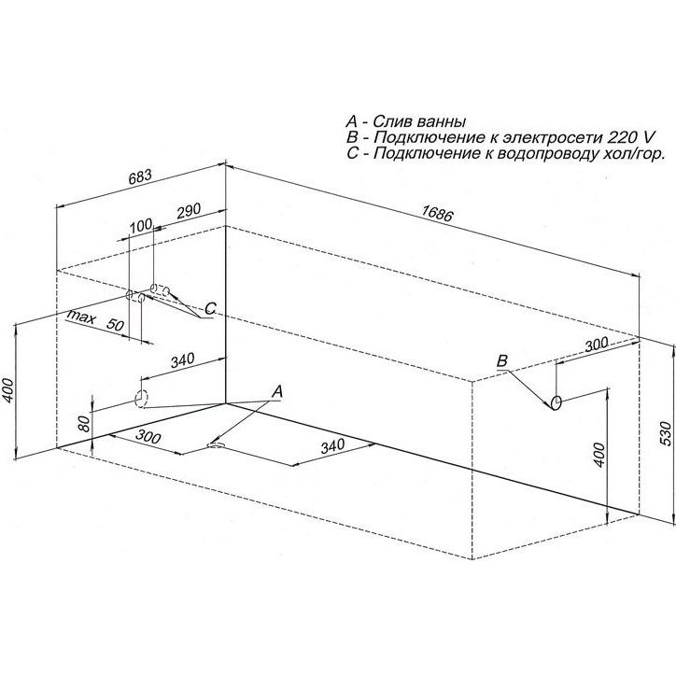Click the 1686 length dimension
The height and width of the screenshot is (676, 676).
tap(437, 213)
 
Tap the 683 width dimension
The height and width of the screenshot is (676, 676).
tap(141, 176)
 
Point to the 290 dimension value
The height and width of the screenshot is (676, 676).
tap(190, 210)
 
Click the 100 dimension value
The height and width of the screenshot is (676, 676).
tap(141, 225)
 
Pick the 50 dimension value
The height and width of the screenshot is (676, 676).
tap(115, 324)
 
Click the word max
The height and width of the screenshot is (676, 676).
tap(81, 317)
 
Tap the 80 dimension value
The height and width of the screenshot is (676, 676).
tap(84, 423)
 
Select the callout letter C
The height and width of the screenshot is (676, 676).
tap(210, 309)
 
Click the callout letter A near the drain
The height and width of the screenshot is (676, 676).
tap(277, 392)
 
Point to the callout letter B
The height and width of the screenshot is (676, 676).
tap(502, 360)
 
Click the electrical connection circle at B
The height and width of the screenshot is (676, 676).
tap(556, 402)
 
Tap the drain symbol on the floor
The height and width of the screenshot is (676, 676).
tap(216, 444)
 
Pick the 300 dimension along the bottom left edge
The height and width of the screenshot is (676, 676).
tap(148, 437)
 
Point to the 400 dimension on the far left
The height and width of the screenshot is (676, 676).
tap(9, 391)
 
